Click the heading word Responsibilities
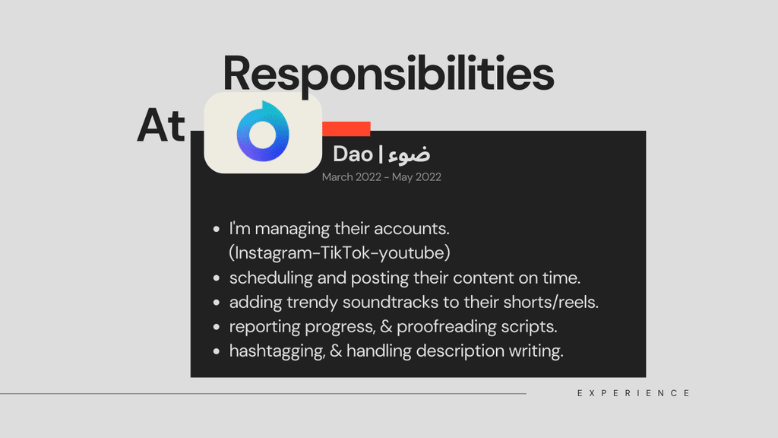pos(388,74)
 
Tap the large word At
pos(161,125)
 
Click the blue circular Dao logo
pos(263,132)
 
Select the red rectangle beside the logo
pos(346,129)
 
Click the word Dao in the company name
pos(353,154)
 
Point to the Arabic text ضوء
pos(410,154)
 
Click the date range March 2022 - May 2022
pos(381,177)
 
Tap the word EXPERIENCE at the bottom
pos(634,393)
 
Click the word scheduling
pos(271,278)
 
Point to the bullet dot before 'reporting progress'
pos(217,327)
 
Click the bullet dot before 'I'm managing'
pos(217,229)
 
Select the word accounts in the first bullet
pos(411,229)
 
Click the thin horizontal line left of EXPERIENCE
pos(263,394)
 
